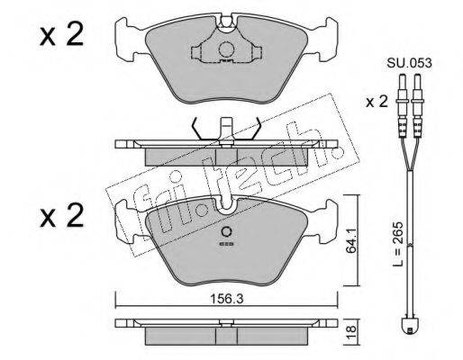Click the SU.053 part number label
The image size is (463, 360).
pos(409,63)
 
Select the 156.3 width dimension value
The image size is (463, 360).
pos(226,298)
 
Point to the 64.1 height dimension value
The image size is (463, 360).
pos(351,241)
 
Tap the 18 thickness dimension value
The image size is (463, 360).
pos(352,332)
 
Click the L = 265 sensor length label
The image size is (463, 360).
pos(399,244)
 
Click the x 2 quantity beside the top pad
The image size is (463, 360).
pos(61,36)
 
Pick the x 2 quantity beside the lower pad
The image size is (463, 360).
pos(61,215)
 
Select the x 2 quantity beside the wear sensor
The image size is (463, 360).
pos(377,102)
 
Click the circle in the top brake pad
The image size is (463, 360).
pos(226,49)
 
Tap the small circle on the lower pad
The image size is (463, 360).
pos(226,232)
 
